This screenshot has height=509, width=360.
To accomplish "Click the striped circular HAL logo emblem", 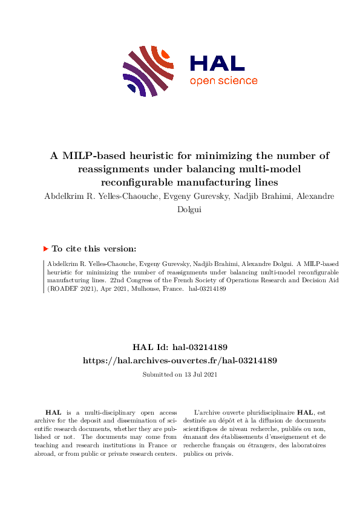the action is coord(148,71).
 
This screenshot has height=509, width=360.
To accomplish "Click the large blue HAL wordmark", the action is coord(217,63).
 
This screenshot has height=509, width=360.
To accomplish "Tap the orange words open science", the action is coord(223,81).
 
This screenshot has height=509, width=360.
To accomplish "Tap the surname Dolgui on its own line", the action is coord(180,209).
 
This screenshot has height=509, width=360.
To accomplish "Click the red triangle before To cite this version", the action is coord(46,248).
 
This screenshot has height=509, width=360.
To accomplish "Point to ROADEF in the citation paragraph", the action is coord(66,290).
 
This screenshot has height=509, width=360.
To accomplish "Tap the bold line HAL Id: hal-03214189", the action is coord(180,347).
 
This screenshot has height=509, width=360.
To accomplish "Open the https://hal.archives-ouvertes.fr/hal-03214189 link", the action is coord(180,360).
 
